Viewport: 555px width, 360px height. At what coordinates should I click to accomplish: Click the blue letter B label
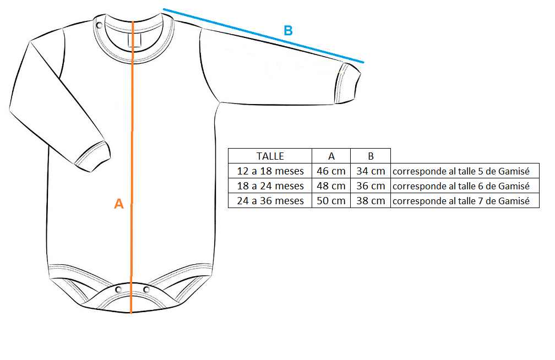point(288,31)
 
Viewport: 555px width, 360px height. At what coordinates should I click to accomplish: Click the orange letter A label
point(119,204)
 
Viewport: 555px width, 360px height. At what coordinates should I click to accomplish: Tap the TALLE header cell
point(270,156)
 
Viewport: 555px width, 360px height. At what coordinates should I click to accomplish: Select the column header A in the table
point(331,156)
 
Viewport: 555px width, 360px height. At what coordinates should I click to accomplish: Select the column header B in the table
point(371,156)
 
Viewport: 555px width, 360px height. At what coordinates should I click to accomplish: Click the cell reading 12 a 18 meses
point(270,171)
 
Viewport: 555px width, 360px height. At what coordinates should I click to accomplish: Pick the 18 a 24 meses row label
point(270,186)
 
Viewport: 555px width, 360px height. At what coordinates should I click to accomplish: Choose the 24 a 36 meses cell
point(270,201)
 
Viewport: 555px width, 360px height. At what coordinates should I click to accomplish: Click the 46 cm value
point(331,171)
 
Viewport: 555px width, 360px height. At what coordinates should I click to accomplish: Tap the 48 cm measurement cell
point(331,186)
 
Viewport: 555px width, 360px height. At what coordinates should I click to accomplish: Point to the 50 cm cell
point(331,201)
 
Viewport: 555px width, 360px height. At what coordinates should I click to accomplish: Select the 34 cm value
point(371,171)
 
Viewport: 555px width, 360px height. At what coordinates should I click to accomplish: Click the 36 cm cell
point(371,186)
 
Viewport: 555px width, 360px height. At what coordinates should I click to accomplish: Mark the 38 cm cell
point(371,201)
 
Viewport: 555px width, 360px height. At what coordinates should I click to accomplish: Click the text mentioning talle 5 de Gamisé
point(461,171)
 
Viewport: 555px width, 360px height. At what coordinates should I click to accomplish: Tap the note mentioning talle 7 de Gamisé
point(461,201)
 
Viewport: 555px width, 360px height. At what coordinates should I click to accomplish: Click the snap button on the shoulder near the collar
point(100,25)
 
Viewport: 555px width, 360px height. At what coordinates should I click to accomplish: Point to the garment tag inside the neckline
point(135,40)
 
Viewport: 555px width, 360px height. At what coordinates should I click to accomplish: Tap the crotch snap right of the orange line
point(146,290)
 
